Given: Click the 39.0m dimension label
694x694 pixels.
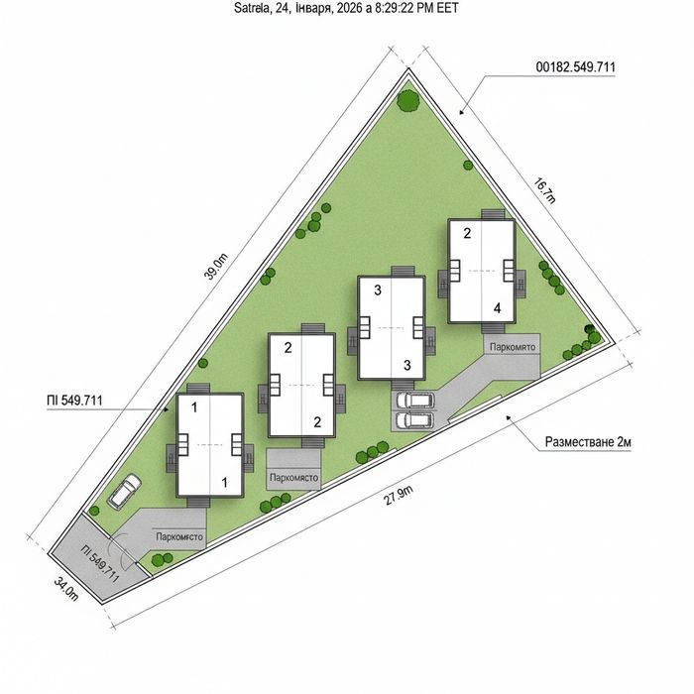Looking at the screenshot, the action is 215,267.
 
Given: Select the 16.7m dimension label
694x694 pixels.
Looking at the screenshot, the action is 544,190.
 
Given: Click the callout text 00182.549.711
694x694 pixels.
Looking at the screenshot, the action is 575,67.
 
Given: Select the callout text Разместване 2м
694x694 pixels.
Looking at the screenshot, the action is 588,442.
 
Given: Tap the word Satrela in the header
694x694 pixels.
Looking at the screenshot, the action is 252,8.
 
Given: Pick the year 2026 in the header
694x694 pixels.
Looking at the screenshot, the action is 350,8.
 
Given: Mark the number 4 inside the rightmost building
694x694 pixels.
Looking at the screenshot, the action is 497,308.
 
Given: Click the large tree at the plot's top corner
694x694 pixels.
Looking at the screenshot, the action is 408,101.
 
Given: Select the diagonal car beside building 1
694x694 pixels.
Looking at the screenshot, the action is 125,491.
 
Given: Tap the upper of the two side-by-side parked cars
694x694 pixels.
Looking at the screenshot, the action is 414,401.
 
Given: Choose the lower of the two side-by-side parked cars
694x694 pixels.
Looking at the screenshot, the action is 414,420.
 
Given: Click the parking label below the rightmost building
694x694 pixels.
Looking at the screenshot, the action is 513,347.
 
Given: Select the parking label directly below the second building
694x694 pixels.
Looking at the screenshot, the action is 293,478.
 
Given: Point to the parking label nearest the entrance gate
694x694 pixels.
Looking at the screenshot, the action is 179,537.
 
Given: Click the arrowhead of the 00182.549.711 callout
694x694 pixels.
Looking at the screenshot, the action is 461,112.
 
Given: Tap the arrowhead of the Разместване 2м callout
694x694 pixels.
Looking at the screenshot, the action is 509,417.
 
